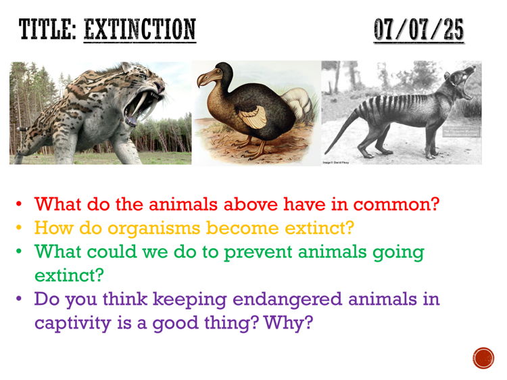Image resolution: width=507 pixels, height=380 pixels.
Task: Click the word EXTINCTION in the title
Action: (x=139, y=30)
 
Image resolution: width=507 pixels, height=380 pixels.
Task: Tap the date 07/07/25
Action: (x=418, y=30)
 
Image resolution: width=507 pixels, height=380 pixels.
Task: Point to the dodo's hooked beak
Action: (x=205, y=80)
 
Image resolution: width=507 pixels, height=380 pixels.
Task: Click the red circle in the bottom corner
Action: (x=483, y=358)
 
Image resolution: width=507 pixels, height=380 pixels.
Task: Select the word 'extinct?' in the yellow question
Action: (x=316, y=228)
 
